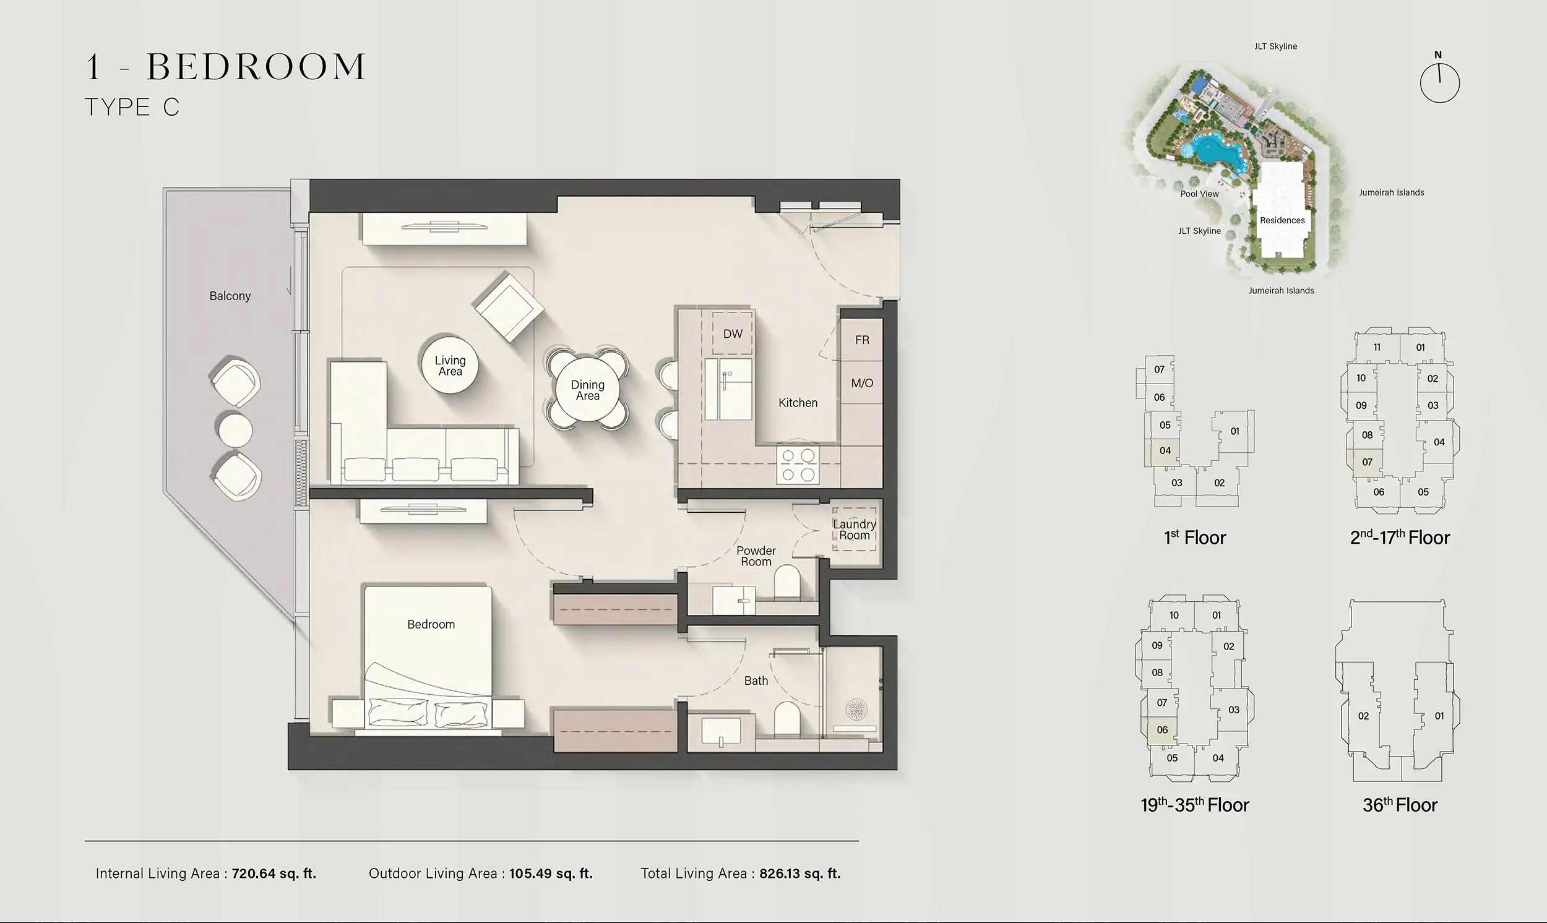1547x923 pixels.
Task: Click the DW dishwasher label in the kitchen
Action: (x=733, y=334)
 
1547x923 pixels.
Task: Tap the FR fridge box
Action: (x=861, y=340)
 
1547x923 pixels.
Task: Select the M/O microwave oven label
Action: (x=861, y=383)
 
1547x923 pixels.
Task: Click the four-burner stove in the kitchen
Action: (x=798, y=465)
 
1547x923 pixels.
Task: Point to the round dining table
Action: (x=587, y=390)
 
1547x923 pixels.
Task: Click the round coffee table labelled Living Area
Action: (x=450, y=366)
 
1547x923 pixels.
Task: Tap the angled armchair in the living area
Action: (x=509, y=306)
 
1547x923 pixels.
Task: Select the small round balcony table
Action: (x=235, y=430)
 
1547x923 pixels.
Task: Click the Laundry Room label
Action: (x=854, y=530)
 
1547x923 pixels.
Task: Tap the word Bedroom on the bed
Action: (x=431, y=624)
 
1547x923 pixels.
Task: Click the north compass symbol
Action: (x=1439, y=82)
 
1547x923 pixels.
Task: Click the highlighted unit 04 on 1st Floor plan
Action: (x=1165, y=451)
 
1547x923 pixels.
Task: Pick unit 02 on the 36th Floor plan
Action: (x=1363, y=716)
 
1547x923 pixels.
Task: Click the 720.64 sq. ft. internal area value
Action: (x=274, y=874)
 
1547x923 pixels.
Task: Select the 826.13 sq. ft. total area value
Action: (x=799, y=874)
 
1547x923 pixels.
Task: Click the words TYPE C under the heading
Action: (x=132, y=108)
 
